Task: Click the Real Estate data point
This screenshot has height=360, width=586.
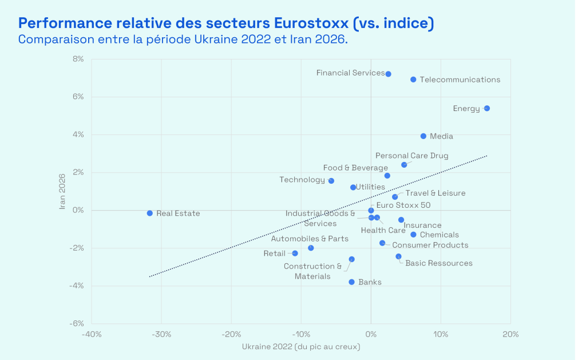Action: (150, 213)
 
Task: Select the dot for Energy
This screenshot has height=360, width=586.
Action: (486, 108)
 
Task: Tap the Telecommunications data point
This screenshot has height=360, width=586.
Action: (413, 80)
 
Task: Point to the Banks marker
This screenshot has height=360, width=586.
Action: (351, 282)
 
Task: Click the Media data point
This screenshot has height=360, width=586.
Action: (423, 136)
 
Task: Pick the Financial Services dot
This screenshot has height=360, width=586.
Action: (388, 74)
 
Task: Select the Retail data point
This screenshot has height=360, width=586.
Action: (295, 254)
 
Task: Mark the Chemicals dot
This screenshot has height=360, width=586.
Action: (413, 235)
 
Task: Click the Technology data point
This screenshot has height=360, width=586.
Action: (331, 181)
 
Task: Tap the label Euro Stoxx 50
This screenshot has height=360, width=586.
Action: (403, 205)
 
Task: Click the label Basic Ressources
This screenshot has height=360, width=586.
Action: (438, 263)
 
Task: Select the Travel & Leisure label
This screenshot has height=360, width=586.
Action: (435, 193)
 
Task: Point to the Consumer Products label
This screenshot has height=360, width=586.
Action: (430, 245)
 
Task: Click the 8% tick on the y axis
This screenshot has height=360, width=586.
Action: (77, 59)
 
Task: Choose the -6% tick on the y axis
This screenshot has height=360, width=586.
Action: (76, 323)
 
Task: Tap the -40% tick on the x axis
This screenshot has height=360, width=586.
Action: (92, 334)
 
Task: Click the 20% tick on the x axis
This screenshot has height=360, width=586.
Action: (510, 334)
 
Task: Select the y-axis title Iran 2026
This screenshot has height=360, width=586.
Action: (64, 191)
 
